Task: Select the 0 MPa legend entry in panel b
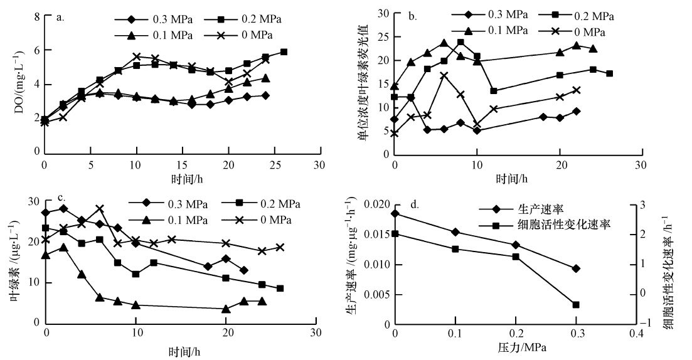[589, 31]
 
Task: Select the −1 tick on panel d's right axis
[641, 322]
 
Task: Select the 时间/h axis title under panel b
[514, 179]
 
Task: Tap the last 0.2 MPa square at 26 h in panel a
[284, 52]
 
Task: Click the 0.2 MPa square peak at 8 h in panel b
[460, 43]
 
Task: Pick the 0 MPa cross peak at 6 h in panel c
[99, 209]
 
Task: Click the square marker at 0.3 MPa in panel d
[575, 305]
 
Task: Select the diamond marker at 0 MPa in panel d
[395, 214]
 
